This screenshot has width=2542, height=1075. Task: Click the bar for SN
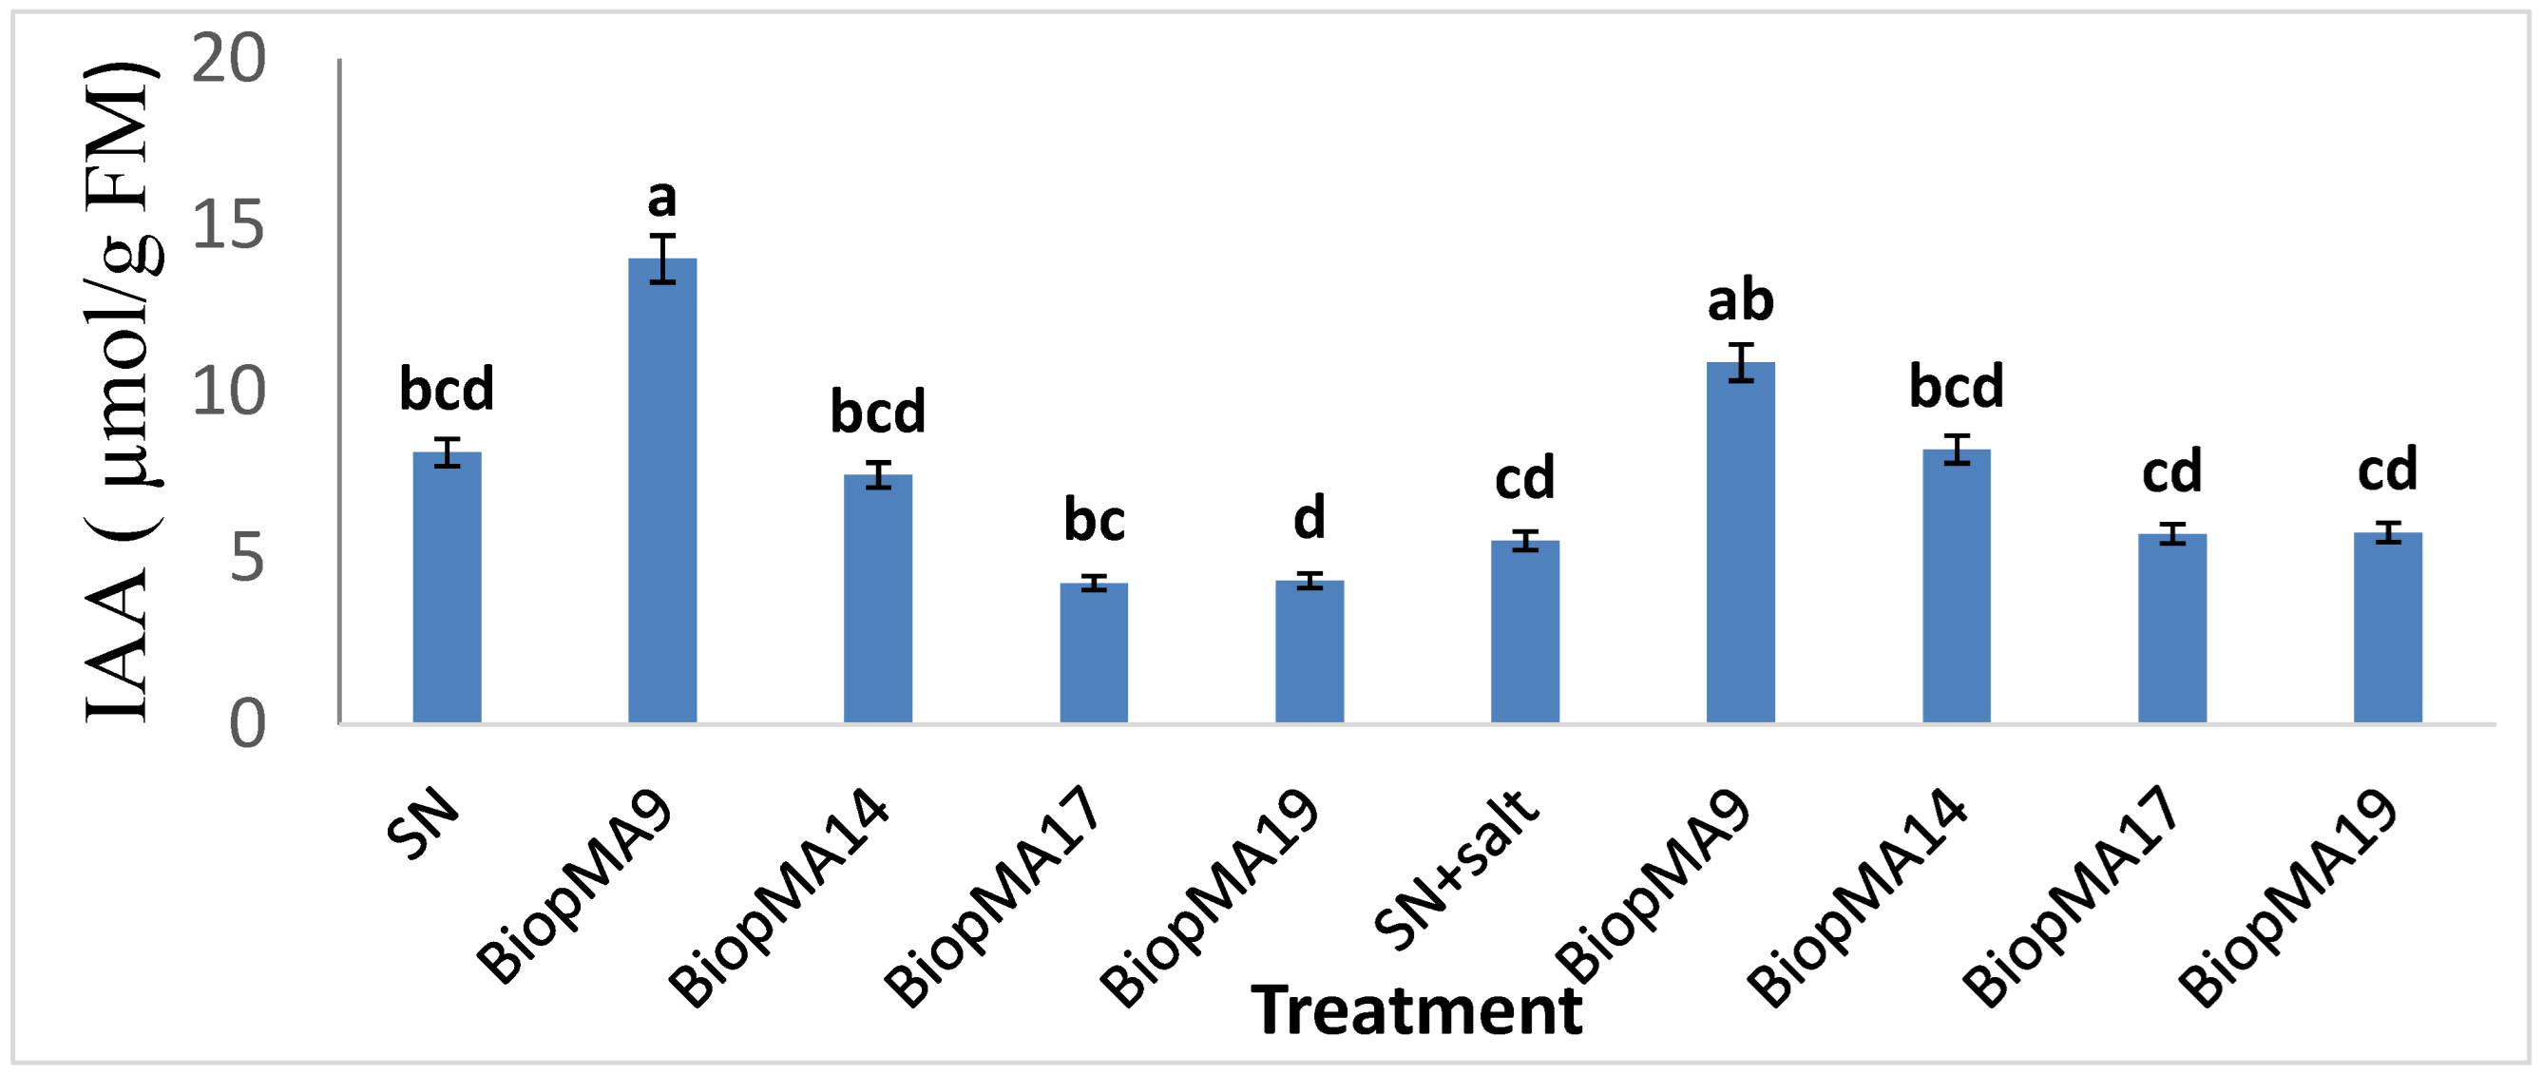coord(447,588)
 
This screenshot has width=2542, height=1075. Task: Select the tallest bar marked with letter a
coord(662,491)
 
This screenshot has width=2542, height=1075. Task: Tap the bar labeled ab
coord(1741,544)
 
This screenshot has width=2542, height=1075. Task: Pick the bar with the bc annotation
coord(1094,654)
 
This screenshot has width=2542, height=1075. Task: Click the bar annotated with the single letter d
coord(1309,652)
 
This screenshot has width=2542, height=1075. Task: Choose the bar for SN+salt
coord(1524,633)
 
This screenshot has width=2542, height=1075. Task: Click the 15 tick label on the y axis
coord(229,226)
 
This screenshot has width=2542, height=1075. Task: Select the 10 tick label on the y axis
coord(229,392)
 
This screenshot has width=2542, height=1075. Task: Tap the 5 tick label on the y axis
coord(248,559)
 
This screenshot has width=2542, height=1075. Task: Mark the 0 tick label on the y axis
coord(248,723)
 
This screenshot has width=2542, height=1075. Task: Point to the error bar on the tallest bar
coord(662,259)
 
